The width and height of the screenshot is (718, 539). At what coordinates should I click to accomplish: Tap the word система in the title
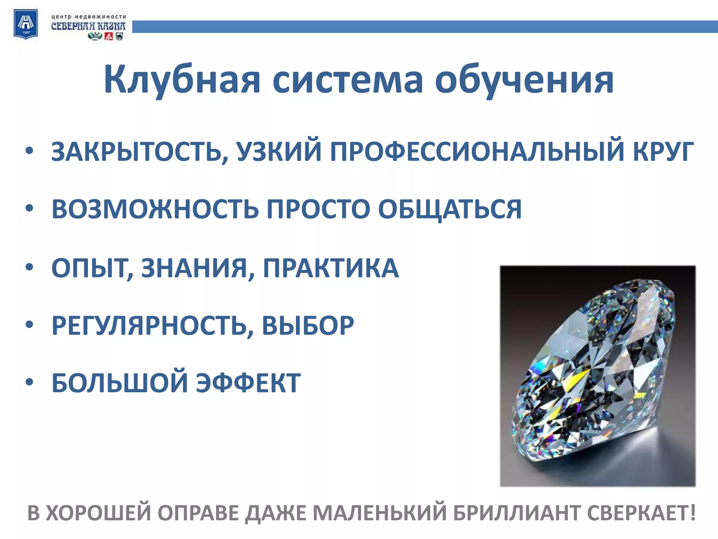pos(348,80)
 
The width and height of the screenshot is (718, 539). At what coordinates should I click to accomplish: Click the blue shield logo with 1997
pos(26,24)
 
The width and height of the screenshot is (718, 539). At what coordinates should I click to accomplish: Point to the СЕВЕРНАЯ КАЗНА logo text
pos(88,26)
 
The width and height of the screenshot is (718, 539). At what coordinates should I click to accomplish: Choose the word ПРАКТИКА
pos(331,268)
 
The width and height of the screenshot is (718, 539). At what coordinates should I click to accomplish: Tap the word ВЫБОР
pos(308,326)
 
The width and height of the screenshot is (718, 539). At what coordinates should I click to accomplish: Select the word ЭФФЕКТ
pos(248,383)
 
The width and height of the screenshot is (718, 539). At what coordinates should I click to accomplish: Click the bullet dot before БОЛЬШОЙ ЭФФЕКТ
pos(30,382)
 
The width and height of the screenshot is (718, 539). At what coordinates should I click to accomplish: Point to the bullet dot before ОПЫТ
pos(30,267)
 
